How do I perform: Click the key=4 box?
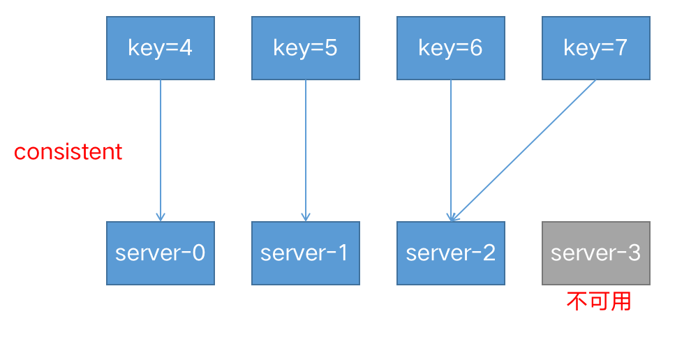tap(160, 48)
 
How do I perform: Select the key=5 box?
tap(305, 48)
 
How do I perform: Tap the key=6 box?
tap(450, 48)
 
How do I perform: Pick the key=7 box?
tap(595, 48)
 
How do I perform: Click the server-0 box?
tap(160, 253)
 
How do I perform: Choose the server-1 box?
tap(305, 253)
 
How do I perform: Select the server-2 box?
tap(450, 253)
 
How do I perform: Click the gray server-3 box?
tap(595, 253)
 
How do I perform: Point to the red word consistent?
tap(68, 152)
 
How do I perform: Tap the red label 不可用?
tap(598, 301)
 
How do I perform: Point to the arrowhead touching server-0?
tap(160, 217)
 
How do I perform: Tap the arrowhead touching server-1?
tap(305, 217)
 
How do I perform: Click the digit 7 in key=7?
tap(621, 48)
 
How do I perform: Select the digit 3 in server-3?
tap(633, 253)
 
